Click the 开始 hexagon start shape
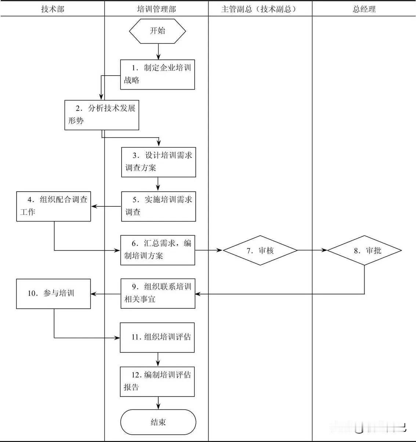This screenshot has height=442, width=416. click(158, 31)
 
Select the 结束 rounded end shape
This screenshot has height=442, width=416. click(158, 422)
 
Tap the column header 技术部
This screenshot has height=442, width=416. click(53, 9)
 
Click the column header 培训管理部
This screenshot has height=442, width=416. click(156, 9)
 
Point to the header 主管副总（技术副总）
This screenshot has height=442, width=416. click(260, 9)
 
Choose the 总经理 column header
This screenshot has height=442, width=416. click(364, 9)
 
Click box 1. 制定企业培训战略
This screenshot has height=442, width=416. click(158, 75)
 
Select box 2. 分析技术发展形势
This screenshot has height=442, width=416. click(102, 115)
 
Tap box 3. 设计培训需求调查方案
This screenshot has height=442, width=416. click(158, 162)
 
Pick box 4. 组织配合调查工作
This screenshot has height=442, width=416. click(54, 206)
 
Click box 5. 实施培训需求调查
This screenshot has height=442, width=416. click(158, 206)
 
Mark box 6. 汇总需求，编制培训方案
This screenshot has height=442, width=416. click(158, 250)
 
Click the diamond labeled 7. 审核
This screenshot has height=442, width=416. click(260, 250)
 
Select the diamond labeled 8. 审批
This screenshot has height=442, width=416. click(364, 250)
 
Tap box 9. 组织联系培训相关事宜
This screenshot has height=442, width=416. click(158, 293)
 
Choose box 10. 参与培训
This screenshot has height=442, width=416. click(54, 293)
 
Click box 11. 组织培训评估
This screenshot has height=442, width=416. click(157, 337)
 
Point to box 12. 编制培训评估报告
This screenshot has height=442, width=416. click(157, 381)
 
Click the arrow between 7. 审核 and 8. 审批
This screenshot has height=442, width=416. click(312, 250)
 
